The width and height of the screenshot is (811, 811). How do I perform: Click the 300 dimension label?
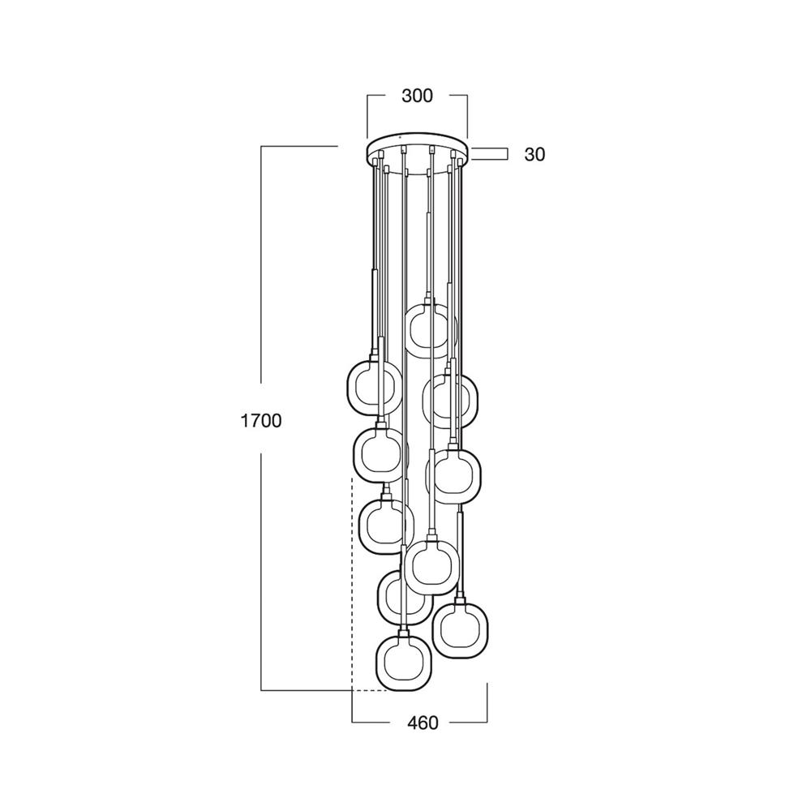pos(417,96)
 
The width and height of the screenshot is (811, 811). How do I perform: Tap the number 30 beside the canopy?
pos(534,154)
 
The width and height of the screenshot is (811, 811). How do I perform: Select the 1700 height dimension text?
pos(261,420)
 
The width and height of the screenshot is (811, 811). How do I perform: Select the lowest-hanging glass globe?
pos(403,663)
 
